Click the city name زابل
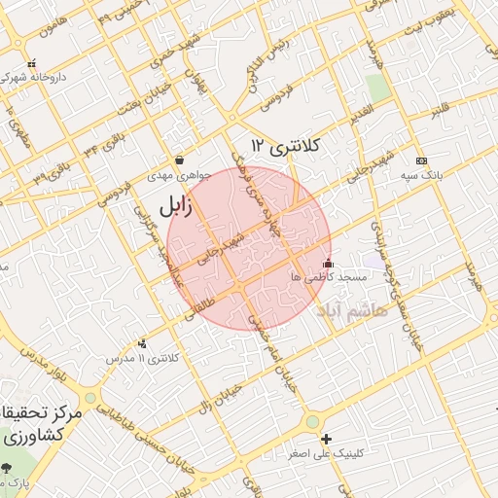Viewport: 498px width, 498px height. pos(169,205)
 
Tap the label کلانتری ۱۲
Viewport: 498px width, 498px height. pos(284,146)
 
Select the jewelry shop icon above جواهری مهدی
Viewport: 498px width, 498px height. pos(179,160)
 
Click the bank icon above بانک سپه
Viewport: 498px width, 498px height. pos(420,160)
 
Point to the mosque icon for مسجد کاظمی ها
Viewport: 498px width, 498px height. pos(328,263)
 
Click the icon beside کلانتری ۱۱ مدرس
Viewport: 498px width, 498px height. pos(144,342)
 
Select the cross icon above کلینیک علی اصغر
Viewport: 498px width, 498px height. pos(326,440)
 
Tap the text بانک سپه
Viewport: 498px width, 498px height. pos(421,177)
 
